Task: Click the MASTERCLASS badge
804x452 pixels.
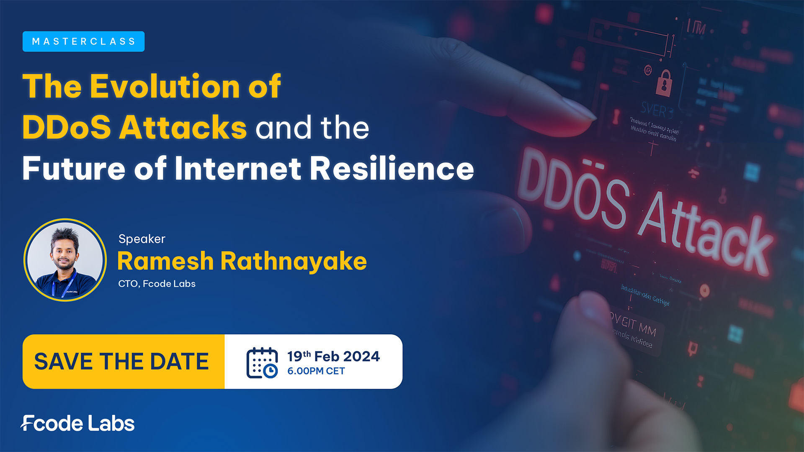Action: click(x=83, y=41)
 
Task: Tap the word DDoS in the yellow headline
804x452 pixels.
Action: click(x=67, y=127)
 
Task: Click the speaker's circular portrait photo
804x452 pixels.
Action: click(x=65, y=260)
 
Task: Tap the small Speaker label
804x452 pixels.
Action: click(x=142, y=239)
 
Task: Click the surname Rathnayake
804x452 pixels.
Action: click(x=294, y=261)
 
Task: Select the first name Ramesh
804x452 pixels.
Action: click(x=165, y=261)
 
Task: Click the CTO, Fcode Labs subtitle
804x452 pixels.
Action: click(x=157, y=284)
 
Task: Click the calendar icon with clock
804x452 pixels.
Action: click(x=262, y=363)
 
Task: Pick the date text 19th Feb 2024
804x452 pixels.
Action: click(x=333, y=356)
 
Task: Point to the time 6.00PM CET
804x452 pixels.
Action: click(x=316, y=371)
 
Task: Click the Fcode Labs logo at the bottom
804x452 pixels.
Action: click(x=78, y=424)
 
